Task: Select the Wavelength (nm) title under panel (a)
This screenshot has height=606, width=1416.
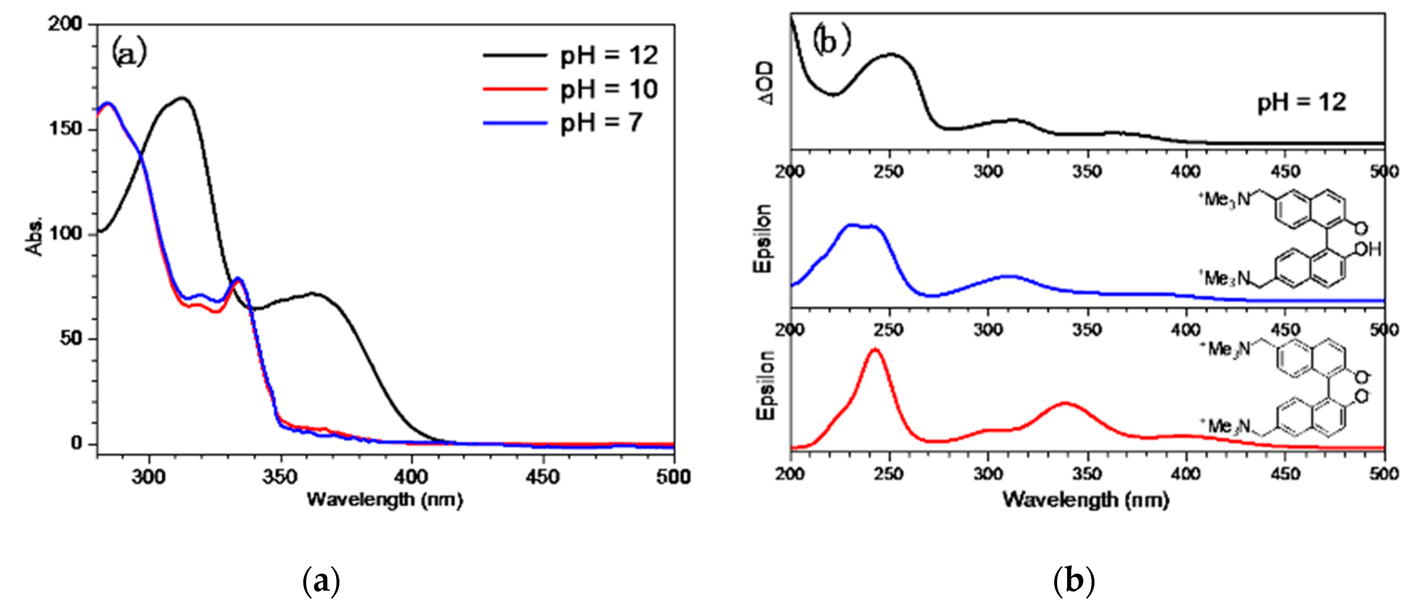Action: tap(385, 499)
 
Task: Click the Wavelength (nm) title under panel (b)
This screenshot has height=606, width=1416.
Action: tap(1086, 499)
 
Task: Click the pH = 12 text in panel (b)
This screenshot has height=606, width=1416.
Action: tap(1301, 103)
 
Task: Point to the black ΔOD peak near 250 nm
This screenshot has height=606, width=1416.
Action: tap(890, 54)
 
